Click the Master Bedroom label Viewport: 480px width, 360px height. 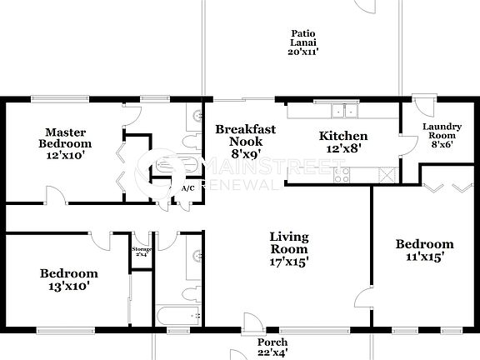click(x=67, y=142)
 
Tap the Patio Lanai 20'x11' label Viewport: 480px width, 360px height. click(x=303, y=42)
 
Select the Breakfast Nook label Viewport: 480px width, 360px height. click(x=245, y=141)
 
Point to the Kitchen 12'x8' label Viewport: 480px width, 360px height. click(x=343, y=142)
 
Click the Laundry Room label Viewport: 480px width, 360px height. click(x=442, y=135)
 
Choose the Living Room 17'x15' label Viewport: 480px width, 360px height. click(x=289, y=249)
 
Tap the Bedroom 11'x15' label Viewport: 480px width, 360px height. click(x=425, y=250)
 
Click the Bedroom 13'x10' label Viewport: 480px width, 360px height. click(x=69, y=279)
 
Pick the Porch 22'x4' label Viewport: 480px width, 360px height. click(x=272, y=347)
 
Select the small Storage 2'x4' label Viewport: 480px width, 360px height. click(x=140, y=251)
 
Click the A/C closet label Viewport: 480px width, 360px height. click(x=187, y=189)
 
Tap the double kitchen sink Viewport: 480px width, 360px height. click(x=343, y=111)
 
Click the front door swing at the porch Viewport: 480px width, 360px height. click(x=251, y=322)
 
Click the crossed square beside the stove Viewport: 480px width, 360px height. click(x=386, y=174)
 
